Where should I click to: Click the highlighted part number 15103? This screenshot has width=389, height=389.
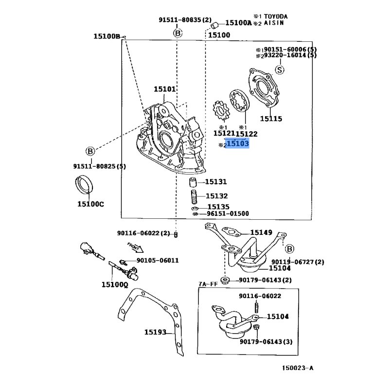click(x=238, y=143)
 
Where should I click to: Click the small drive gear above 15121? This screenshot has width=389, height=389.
click(x=222, y=111)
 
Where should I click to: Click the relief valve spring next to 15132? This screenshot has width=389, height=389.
click(x=194, y=198)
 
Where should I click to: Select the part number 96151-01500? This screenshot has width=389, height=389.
click(x=227, y=213)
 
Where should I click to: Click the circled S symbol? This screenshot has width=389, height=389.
click(x=280, y=70)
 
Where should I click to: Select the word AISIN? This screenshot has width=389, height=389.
click(x=274, y=23)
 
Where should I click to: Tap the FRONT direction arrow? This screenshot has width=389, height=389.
click(x=135, y=248)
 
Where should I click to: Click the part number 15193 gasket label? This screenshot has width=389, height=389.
click(x=155, y=333)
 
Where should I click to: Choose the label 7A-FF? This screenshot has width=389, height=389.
click(x=208, y=283)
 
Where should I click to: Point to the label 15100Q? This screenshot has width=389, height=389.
click(x=114, y=284)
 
